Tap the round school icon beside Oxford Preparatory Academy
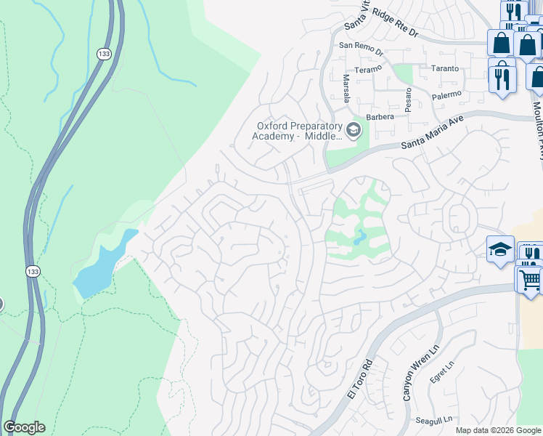[354, 130]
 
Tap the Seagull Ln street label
[434, 419]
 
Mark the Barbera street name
[380, 116]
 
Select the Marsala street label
[346, 89]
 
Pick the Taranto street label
[444, 68]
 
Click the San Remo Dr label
[361, 45]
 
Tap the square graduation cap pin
[500, 248]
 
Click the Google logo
[24, 427]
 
